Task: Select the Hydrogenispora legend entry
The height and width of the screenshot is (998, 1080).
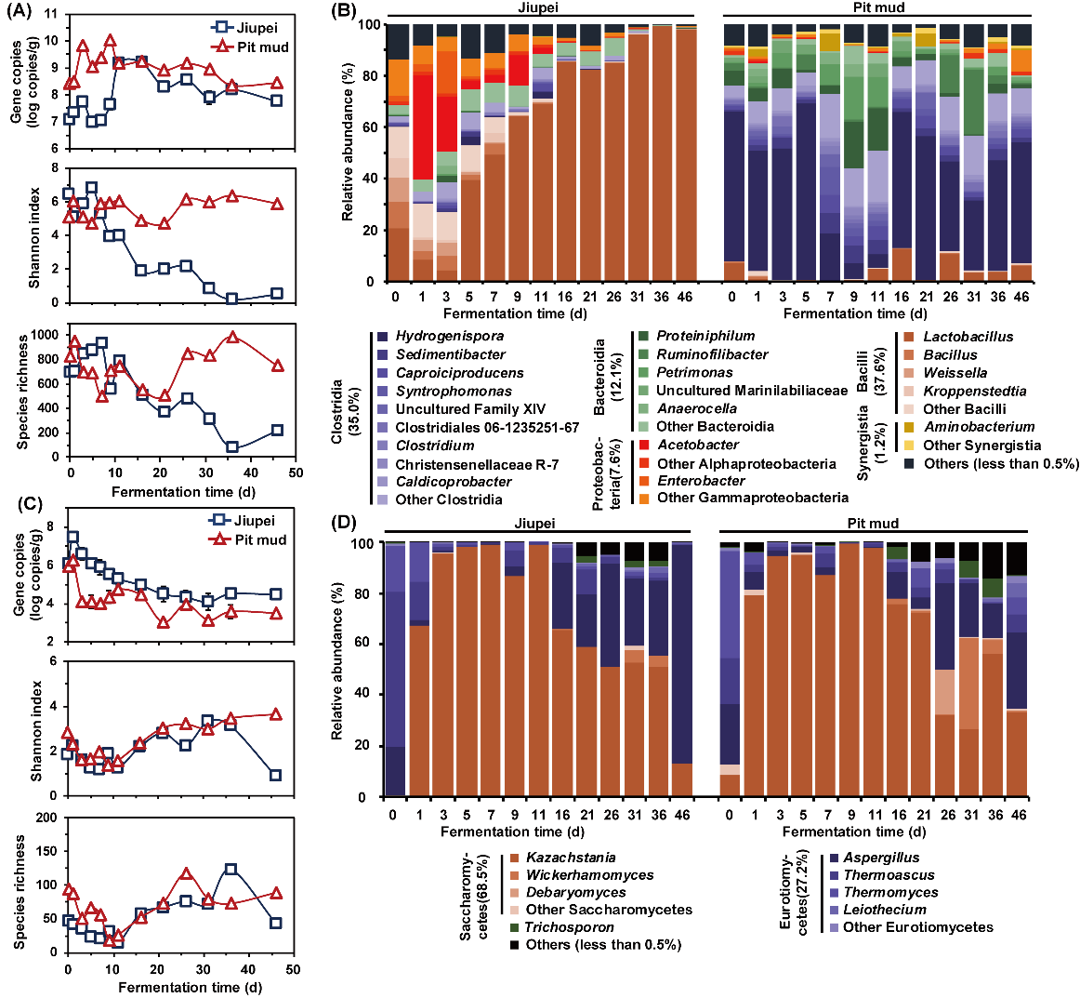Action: (x=450, y=336)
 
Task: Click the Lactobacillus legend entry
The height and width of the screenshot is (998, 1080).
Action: (x=968, y=337)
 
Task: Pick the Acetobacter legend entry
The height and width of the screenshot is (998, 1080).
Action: (x=698, y=446)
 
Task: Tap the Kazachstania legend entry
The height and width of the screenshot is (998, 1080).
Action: (x=571, y=858)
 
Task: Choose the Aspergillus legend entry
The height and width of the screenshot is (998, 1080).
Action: (x=881, y=858)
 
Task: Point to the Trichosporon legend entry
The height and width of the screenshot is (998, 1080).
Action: (x=569, y=927)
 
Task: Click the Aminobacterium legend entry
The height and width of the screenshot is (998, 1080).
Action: (x=979, y=427)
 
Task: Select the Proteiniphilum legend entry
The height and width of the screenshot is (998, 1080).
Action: (x=705, y=336)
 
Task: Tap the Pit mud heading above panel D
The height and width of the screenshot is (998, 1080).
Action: (x=873, y=524)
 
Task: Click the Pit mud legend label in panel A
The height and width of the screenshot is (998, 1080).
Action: (x=261, y=47)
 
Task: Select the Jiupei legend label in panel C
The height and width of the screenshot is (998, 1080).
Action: (x=255, y=521)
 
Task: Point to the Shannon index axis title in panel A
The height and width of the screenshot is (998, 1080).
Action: (x=34, y=237)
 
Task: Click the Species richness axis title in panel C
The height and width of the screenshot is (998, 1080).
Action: (x=20, y=893)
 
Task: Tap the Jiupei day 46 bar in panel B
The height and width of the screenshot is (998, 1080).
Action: (x=686, y=153)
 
